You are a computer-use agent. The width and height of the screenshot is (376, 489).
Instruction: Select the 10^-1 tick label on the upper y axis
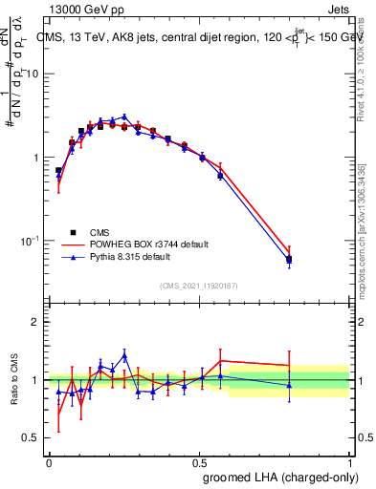click(x=30, y=240)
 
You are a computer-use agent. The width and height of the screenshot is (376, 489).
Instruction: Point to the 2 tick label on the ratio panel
click(x=35, y=323)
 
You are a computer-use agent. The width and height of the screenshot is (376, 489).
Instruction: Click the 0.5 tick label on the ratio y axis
click(x=31, y=438)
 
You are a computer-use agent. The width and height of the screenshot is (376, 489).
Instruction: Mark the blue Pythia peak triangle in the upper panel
click(x=123, y=117)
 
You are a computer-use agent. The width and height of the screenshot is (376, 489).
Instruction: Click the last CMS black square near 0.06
click(x=289, y=259)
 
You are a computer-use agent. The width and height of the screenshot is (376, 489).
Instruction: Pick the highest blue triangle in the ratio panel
click(x=123, y=354)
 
